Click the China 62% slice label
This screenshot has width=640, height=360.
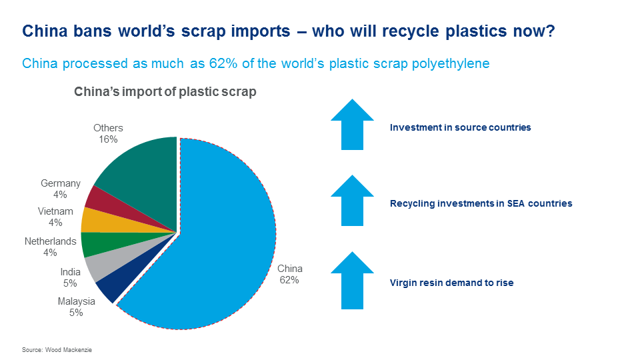pos(290,274)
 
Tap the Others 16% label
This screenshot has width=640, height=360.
pos(108,133)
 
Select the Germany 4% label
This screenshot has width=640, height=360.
pos(61,189)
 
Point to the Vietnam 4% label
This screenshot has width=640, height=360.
pos(55,217)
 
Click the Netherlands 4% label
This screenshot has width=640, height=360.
pos(50,247)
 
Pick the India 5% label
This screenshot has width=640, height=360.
pos(70,277)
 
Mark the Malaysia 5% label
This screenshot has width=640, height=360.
pos(76,307)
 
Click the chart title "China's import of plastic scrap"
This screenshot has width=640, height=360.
pos(165,92)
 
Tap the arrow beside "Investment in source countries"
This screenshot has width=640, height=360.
pos(352,124)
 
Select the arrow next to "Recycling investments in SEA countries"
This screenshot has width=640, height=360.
pos(352,201)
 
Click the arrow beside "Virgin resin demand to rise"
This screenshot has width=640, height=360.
pos(352,281)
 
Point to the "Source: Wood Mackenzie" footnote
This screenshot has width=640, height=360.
pos(57,350)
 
